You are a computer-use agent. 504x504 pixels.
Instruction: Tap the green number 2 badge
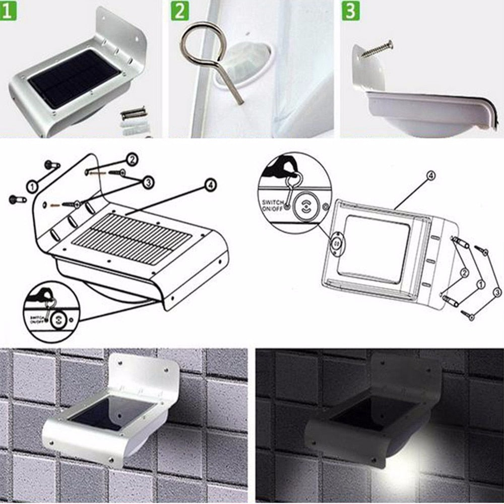click(179, 11)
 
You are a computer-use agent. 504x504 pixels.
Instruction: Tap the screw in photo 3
click(377, 49)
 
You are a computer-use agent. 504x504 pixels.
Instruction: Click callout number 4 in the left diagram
click(211, 185)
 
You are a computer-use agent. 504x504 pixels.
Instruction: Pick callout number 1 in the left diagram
click(33, 187)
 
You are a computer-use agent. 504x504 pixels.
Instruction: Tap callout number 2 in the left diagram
click(132, 160)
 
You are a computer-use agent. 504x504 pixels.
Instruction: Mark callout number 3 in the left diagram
click(148, 182)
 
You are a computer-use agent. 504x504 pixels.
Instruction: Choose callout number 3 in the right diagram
click(497, 291)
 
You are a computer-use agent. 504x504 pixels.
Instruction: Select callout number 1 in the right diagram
click(480, 284)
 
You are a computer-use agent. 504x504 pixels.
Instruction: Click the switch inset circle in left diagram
click(51, 311)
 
